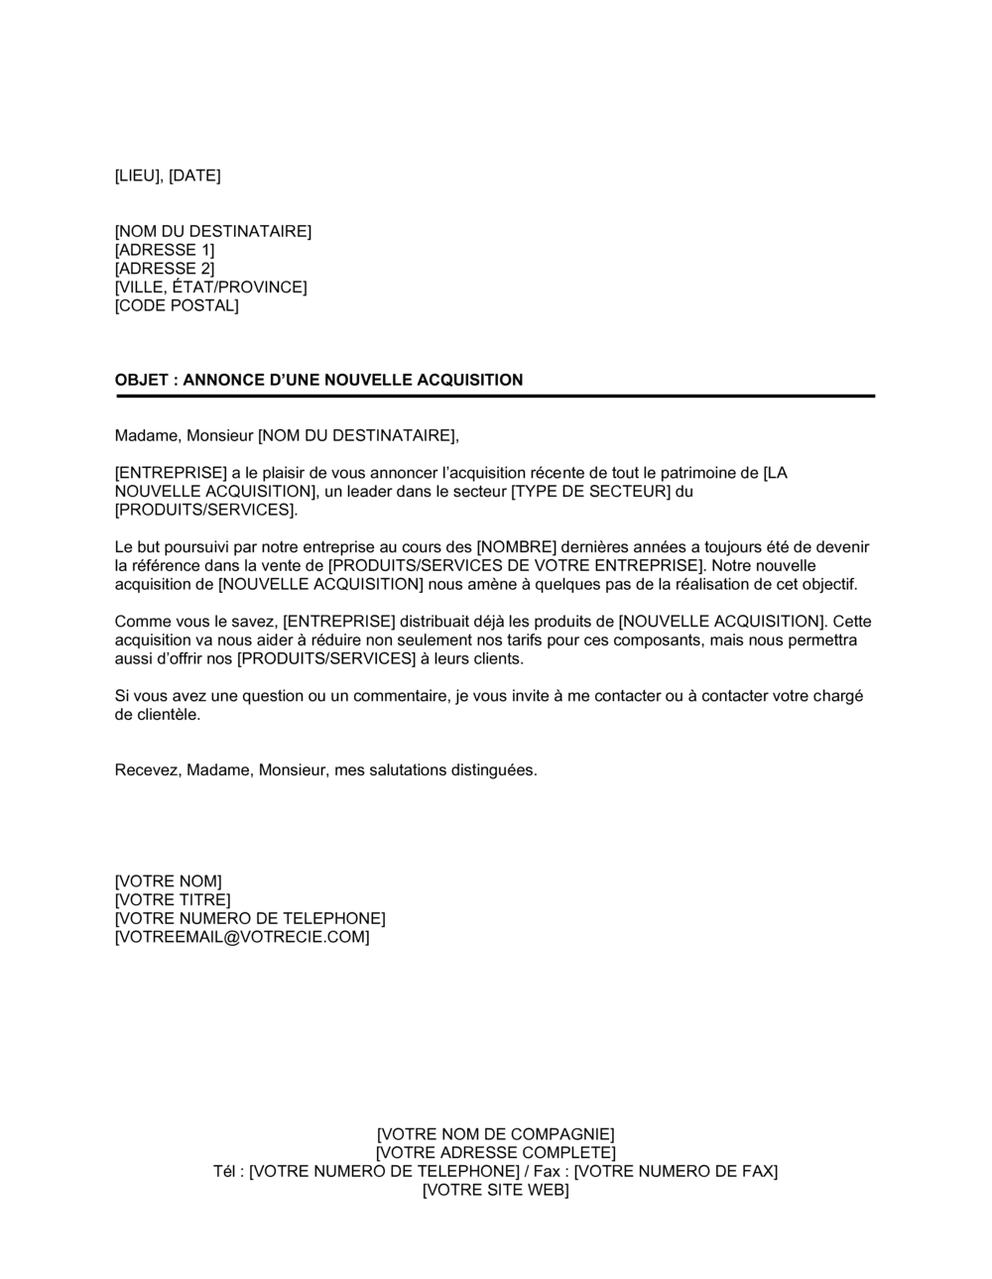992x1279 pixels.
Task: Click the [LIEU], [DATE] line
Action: coord(168,175)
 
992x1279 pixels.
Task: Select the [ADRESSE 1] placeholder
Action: coord(165,250)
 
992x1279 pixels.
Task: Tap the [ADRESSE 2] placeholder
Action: coord(165,269)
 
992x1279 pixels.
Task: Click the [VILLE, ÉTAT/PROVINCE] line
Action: coord(211,288)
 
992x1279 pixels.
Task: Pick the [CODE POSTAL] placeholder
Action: coord(177,305)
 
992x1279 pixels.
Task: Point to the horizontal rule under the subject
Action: coord(495,396)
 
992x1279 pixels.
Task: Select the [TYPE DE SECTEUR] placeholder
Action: coord(590,492)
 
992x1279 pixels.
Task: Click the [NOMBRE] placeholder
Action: coord(517,547)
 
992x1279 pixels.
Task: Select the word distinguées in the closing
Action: coord(494,770)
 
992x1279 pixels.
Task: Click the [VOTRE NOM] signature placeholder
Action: coord(169,881)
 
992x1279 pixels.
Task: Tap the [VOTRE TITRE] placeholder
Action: coord(173,900)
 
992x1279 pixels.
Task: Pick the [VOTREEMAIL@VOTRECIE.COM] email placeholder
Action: coord(242,937)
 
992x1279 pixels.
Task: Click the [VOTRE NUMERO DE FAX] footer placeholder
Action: coord(676,1171)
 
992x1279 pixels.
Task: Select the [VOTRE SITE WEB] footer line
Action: coord(495,1190)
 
